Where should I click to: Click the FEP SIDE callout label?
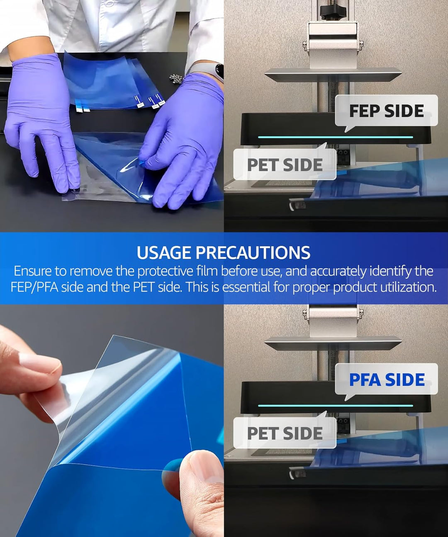coord(386,111)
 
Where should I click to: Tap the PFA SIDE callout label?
coord(386,380)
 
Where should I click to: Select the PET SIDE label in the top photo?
coord(285,164)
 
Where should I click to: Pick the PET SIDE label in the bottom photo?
coord(285,433)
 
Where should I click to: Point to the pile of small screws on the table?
coord(175,78)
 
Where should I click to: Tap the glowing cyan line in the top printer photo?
coord(336,137)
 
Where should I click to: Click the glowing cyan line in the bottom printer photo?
coord(336,406)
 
